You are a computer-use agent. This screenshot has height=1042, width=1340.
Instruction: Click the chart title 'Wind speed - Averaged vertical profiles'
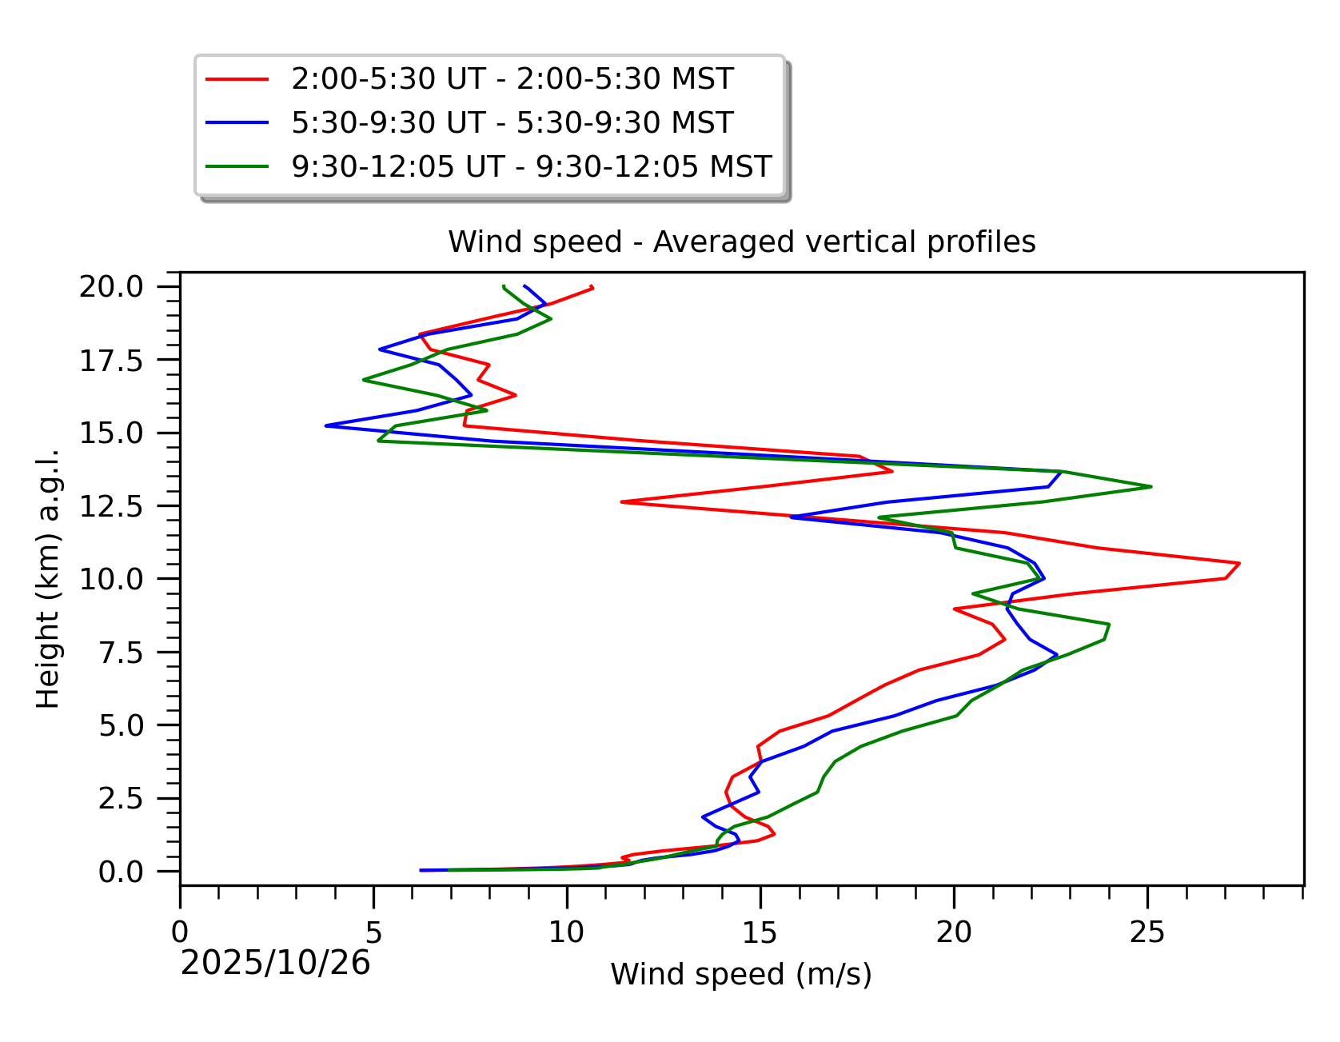click(x=741, y=242)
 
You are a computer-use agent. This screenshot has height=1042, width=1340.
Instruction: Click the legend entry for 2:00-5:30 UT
click(x=512, y=79)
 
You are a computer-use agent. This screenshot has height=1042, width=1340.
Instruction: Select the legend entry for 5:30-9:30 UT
click(x=512, y=123)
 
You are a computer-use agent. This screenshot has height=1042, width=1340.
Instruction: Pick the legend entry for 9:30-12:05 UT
click(x=531, y=167)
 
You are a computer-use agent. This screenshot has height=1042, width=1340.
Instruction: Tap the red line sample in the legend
click(x=237, y=79)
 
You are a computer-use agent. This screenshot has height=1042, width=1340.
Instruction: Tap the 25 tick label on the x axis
click(x=1147, y=932)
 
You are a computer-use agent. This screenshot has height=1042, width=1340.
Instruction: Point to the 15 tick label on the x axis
click(x=760, y=932)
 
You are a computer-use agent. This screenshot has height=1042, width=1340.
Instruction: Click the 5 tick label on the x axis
click(x=373, y=932)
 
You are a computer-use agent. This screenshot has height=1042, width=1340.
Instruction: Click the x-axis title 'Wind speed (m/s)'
click(x=741, y=975)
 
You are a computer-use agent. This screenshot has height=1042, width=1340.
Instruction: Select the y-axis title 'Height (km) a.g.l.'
click(x=49, y=579)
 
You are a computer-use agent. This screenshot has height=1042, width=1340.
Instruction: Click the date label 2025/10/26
click(x=275, y=964)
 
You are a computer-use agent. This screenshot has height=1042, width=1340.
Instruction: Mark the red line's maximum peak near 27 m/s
click(x=1238, y=564)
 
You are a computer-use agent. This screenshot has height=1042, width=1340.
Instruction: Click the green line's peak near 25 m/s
click(x=1151, y=486)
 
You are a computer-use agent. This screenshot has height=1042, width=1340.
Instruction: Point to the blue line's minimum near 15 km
click(x=326, y=425)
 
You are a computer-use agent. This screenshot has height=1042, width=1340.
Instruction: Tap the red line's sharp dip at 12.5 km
click(x=622, y=501)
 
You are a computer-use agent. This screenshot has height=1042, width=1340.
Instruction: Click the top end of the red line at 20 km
click(x=592, y=287)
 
